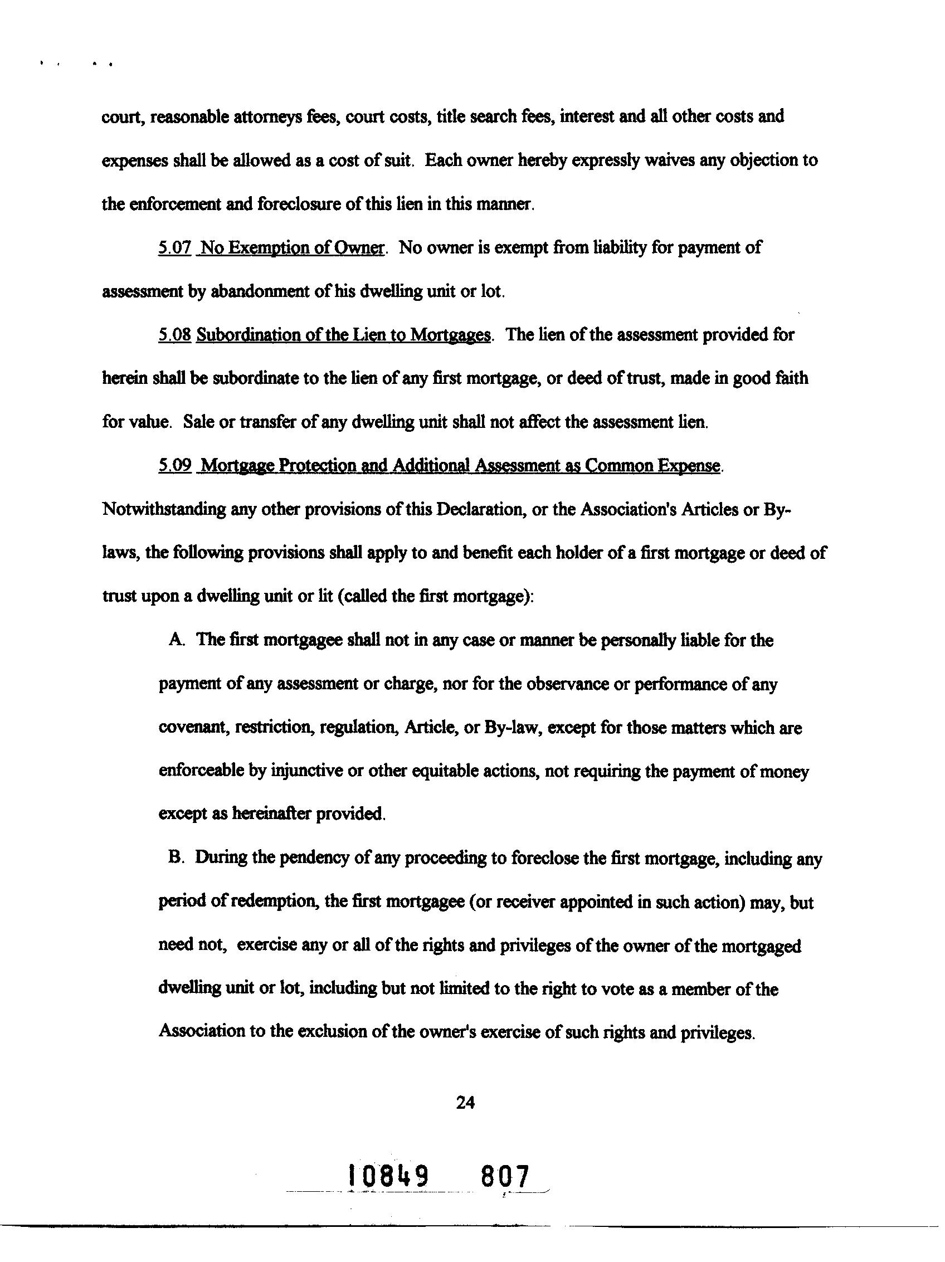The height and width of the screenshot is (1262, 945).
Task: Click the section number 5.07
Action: pos(174,248)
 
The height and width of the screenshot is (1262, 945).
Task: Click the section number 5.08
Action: pos(174,335)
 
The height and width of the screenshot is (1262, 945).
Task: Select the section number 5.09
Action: pos(174,466)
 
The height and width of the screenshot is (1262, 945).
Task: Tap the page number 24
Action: pos(465,1103)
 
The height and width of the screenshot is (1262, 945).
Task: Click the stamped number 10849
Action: pos(388,1176)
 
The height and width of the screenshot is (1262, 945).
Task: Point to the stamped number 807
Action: pos(505,1176)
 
